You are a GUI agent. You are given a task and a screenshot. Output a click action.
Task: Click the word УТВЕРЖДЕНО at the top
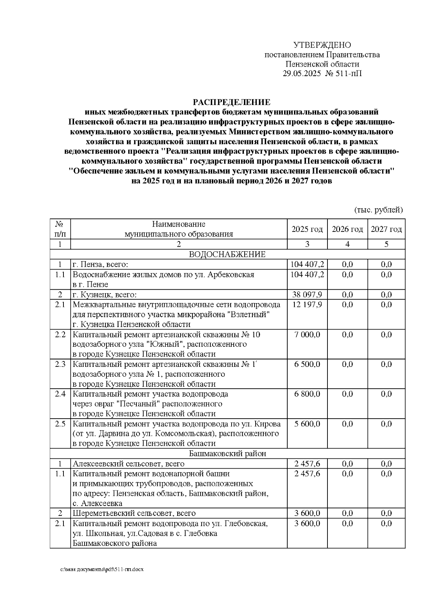point(322,45)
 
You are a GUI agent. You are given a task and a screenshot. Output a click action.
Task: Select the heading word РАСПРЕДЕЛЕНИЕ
point(231,102)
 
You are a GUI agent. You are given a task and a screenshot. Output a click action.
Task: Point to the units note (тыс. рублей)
point(378,210)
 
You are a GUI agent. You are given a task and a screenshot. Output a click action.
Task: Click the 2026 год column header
point(347,229)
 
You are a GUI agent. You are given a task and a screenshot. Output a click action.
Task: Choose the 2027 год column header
point(386,229)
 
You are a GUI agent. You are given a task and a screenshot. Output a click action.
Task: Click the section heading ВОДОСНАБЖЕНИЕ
point(227,254)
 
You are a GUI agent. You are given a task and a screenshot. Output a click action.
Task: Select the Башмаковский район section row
point(227,454)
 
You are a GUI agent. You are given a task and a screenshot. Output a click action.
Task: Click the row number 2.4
point(60,394)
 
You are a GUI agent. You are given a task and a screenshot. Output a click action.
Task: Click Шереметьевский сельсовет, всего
point(134,513)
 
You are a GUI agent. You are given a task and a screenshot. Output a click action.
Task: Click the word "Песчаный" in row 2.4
point(138,403)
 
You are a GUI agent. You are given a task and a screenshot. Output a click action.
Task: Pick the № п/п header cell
point(60,229)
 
